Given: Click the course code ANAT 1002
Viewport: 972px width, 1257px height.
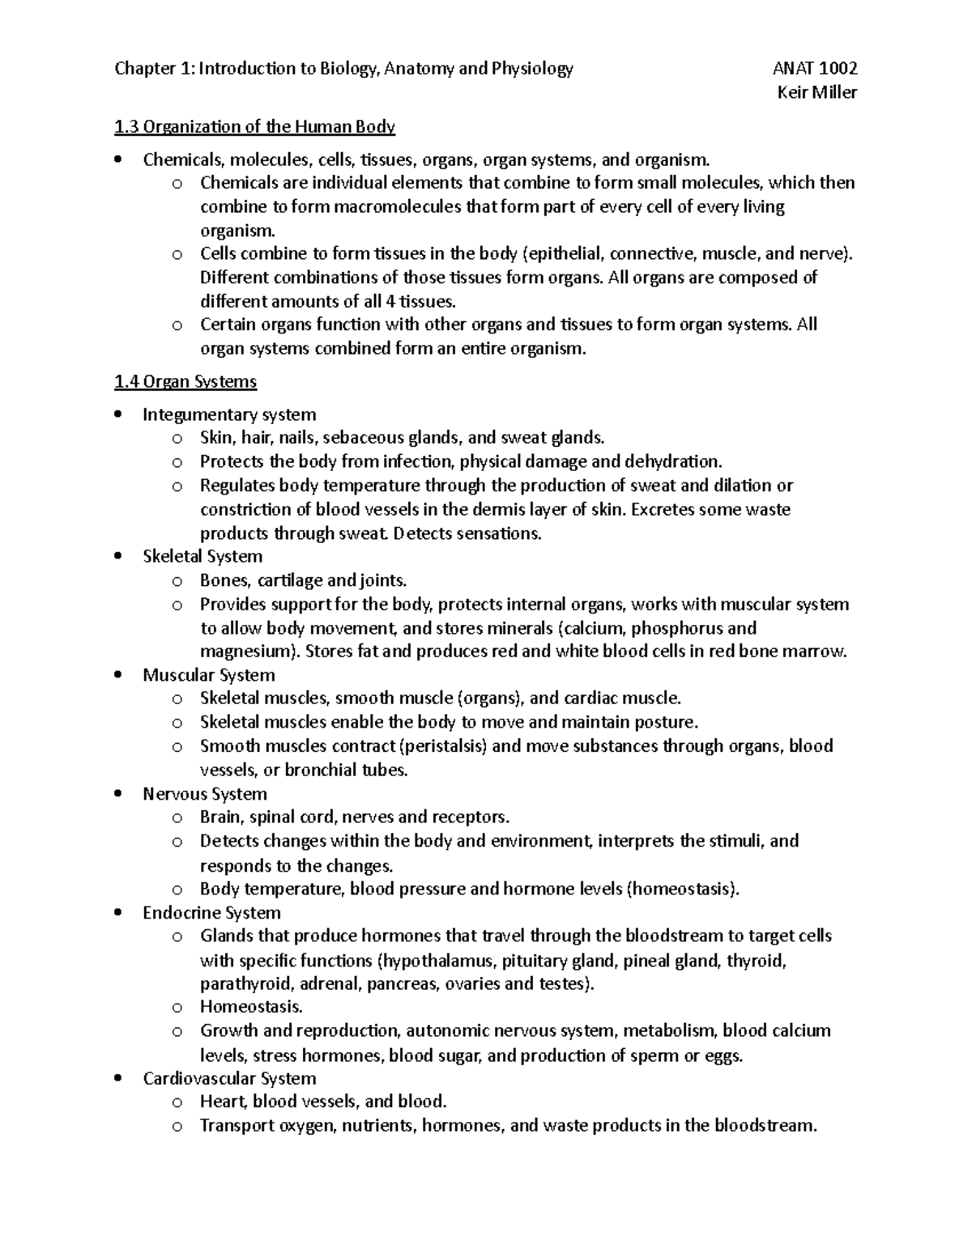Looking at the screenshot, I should tap(815, 69).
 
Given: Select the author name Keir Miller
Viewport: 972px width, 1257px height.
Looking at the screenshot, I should tap(816, 92).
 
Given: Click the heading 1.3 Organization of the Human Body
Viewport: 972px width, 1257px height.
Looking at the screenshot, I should tap(254, 126).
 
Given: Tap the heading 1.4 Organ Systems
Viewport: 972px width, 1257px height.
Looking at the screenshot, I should tap(185, 381).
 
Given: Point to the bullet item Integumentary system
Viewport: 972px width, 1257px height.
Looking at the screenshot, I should tap(229, 414).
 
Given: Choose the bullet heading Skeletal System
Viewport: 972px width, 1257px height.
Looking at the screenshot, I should tap(202, 556).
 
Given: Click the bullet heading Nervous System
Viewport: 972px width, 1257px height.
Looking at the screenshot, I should tap(205, 794).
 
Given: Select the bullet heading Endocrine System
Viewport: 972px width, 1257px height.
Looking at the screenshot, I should tap(211, 912).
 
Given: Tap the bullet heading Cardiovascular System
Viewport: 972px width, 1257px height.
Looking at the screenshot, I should tap(229, 1078).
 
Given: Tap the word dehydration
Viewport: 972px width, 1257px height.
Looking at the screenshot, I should tap(671, 461).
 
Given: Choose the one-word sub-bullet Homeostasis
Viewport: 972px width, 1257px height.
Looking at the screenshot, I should tap(251, 1007).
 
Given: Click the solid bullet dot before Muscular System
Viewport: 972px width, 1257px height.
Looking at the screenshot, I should tap(120, 675).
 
